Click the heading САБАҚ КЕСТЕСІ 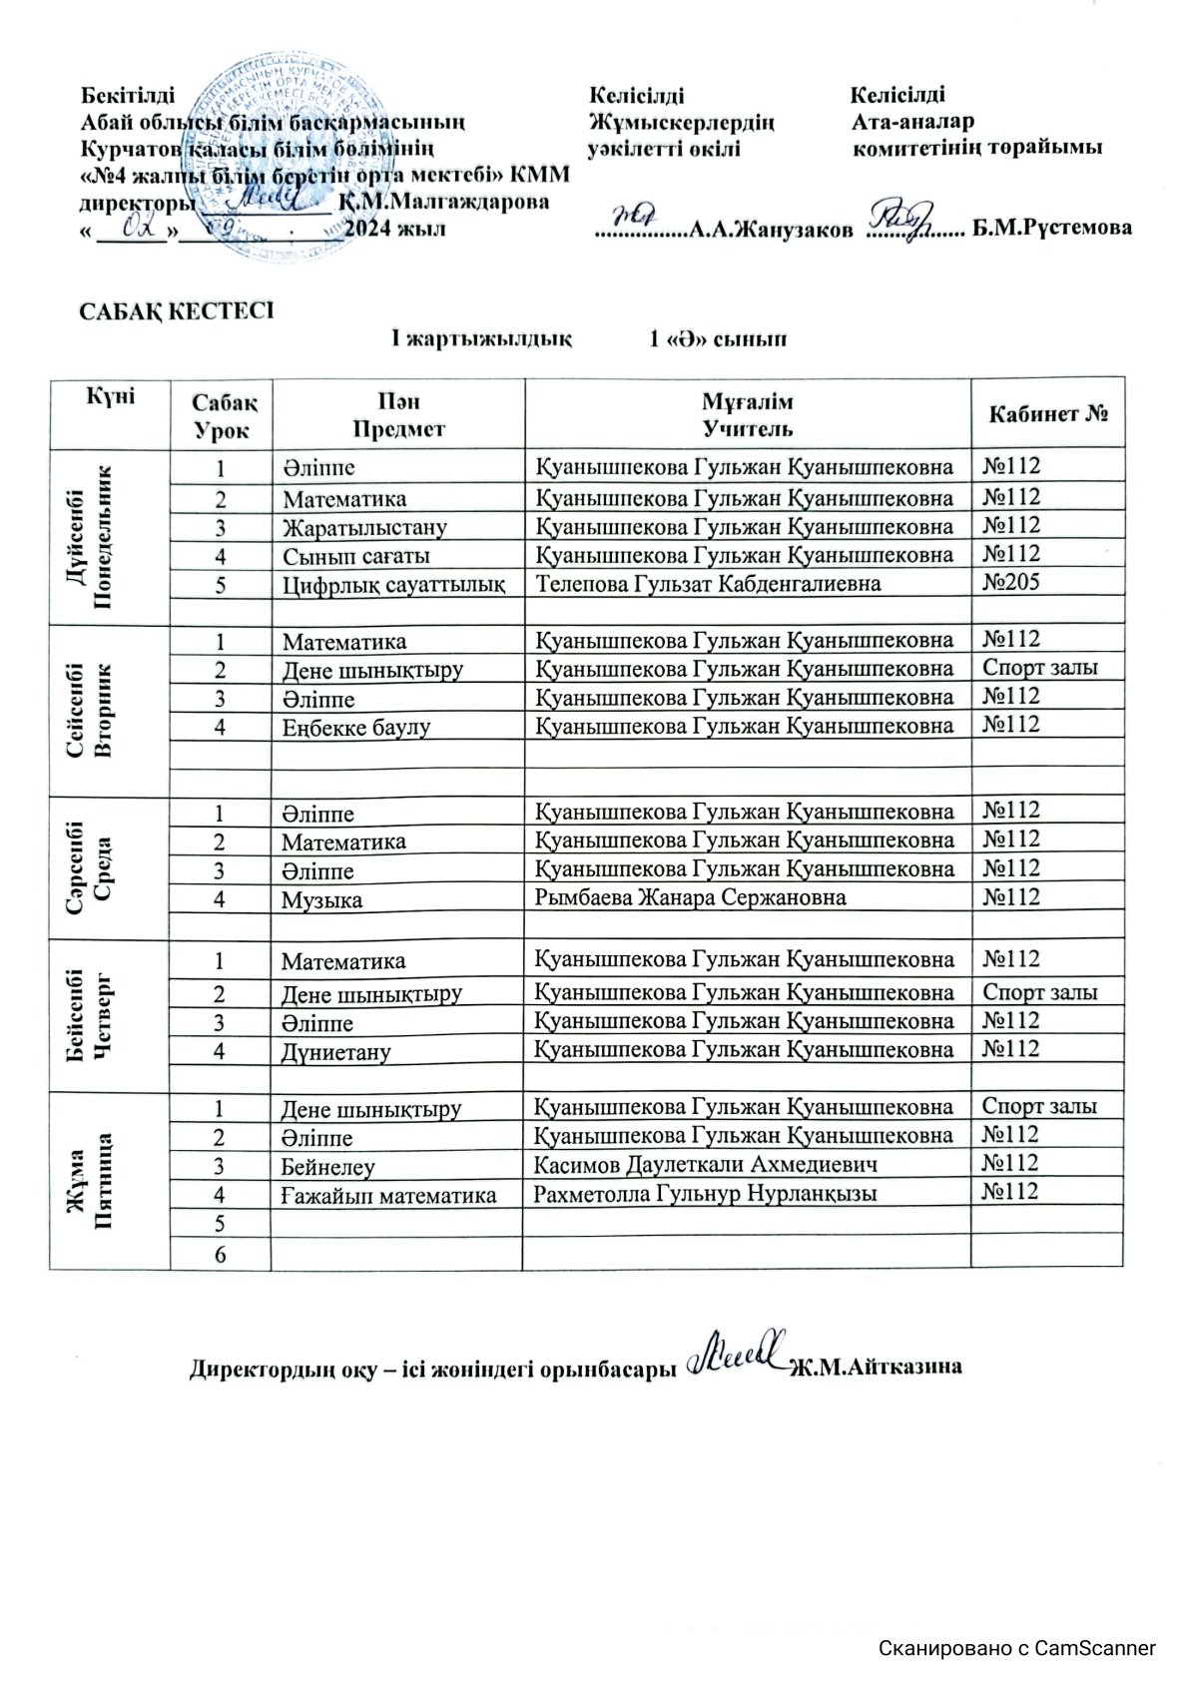click(x=176, y=310)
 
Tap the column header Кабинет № click(x=1047, y=414)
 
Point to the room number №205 click(x=1011, y=582)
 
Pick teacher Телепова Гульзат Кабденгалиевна click(x=709, y=583)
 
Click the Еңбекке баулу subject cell click(x=355, y=727)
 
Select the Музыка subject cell click(x=321, y=899)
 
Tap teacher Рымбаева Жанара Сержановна click(x=690, y=897)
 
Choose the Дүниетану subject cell click(x=335, y=1051)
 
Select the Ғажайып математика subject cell click(x=388, y=1194)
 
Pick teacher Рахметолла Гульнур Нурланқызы click(x=705, y=1193)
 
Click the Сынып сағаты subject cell click(x=355, y=555)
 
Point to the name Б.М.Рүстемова click(x=1052, y=228)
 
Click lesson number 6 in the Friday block click(x=220, y=1254)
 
